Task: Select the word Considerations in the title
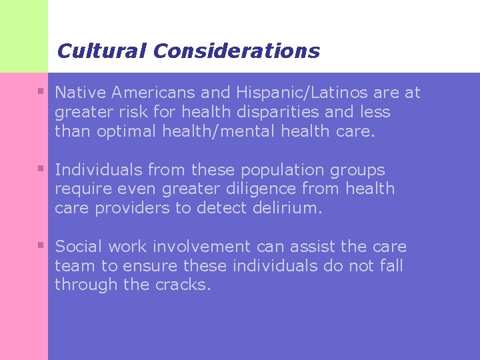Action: pos(236,51)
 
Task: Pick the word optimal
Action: pos(127,131)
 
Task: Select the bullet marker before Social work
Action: pos(41,245)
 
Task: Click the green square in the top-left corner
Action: pos(24,35)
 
